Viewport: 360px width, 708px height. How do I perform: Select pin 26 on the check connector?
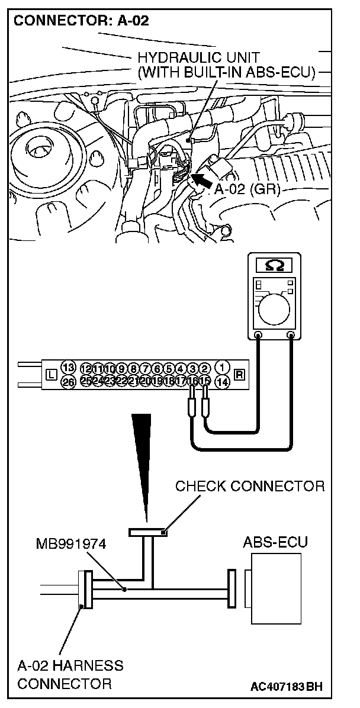tap(68, 383)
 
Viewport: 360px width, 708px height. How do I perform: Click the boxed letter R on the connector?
tap(239, 374)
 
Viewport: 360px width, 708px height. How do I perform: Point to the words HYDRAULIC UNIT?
tap(198, 58)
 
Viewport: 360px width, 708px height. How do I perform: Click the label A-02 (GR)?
tap(246, 190)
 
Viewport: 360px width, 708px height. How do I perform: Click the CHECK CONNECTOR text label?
tap(250, 487)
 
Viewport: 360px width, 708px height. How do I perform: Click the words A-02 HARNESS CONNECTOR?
tap(70, 674)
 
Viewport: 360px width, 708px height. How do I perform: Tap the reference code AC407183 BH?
tap(287, 687)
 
